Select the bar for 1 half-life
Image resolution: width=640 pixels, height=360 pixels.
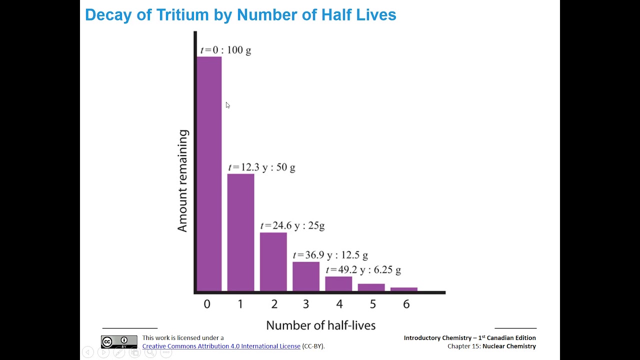240,232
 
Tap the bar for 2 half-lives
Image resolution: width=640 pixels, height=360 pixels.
273,261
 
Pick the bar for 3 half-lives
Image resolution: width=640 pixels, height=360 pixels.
305,276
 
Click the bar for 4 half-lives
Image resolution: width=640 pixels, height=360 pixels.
338,283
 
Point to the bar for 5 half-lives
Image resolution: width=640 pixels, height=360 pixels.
371,287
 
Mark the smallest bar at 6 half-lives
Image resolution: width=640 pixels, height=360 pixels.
403,289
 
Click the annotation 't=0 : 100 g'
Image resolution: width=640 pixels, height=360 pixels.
225,50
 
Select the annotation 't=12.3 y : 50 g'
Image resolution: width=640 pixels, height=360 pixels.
261,167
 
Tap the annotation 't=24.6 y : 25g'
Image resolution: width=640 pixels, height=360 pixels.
292,226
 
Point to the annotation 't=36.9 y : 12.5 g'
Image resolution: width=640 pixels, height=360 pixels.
330,255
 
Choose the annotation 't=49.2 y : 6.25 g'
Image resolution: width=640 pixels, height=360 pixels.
363,270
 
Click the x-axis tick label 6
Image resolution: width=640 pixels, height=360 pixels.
406,304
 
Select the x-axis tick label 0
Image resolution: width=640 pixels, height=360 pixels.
207,304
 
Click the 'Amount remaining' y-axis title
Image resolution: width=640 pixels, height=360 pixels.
183,181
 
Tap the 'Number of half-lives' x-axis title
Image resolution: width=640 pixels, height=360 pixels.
320,325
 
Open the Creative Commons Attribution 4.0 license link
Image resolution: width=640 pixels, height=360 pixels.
221,346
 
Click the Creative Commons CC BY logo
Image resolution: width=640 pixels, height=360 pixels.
119,342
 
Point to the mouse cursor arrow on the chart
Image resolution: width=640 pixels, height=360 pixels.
227,105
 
